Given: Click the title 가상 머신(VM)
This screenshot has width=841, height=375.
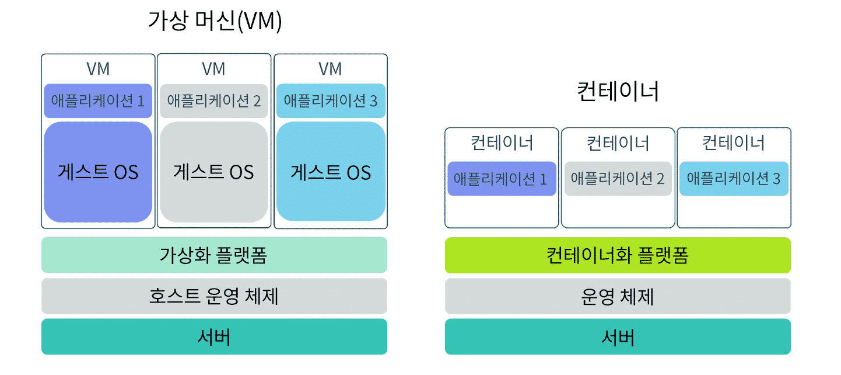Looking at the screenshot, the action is [x=215, y=22].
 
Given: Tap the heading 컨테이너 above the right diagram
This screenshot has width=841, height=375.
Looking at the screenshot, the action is [x=618, y=92].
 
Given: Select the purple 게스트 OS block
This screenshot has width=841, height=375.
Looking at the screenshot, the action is [x=98, y=172].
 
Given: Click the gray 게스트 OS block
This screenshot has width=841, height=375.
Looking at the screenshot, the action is [x=213, y=172].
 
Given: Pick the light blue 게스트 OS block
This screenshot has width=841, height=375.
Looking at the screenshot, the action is [x=331, y=172].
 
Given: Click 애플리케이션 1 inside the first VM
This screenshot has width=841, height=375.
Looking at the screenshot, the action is [x=98, y=100].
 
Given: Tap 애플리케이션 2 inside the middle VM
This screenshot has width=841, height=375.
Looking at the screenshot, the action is [x=213, y=100].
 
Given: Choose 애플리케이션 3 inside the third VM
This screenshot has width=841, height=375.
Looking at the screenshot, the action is [x=331, y=100].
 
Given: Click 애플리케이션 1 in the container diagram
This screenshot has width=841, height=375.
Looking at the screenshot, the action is [x=502, y=178].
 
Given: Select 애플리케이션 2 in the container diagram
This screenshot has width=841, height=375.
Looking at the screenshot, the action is [x=618, y=178].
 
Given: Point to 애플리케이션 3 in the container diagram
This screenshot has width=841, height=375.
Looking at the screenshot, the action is [x=734, y=178].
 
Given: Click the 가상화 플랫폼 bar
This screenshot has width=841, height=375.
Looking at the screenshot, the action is [x=214, y=255].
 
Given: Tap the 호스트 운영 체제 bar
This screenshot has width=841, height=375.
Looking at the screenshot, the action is [x=214, y=296].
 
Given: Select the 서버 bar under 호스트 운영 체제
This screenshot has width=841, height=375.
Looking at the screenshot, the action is [x=214, y=336].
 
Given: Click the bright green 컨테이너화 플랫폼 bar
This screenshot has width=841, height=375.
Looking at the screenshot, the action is [x=618, y=255].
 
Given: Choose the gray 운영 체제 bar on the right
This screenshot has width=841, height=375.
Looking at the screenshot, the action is [x=618, y=296].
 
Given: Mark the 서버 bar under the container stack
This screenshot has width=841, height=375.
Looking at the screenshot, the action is [x=618, y=336].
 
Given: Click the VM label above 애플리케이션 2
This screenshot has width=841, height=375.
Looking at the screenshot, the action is [x=213, y=69].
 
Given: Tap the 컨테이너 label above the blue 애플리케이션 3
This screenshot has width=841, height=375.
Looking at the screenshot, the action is [x=734, y=143].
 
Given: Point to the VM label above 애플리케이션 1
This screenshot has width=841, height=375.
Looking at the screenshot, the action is [x=98, y=69].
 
